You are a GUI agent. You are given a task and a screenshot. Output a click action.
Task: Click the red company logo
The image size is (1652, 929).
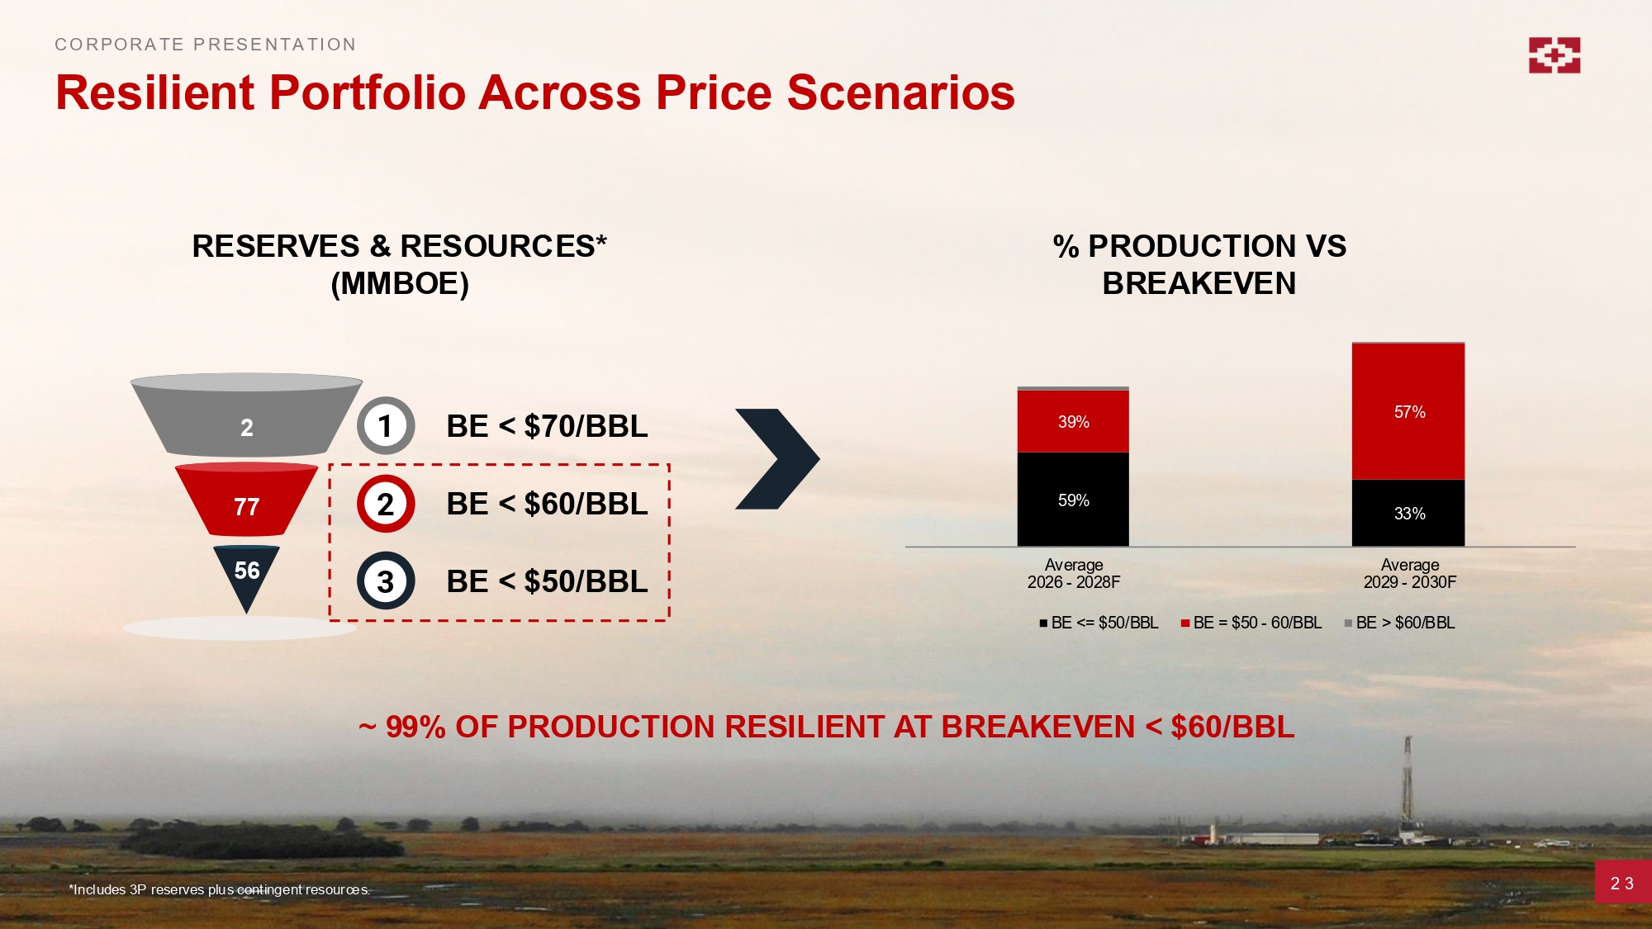tap(1554, 55)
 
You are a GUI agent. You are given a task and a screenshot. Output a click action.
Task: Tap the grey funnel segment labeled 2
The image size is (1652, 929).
tap(246, 415)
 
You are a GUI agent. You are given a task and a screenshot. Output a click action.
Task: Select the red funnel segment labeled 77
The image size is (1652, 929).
tap(246, 500)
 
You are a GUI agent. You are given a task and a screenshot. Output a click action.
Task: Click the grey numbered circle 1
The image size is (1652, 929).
tap(386, 426)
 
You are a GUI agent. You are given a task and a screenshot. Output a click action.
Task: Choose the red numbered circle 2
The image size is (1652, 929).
tap(386, 504)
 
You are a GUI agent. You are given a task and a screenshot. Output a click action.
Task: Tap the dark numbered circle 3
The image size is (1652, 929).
tap(386, 581)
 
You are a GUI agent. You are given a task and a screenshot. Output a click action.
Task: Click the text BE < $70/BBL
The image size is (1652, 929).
tap(547, 426)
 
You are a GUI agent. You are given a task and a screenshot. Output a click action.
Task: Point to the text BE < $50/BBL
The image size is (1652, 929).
tap(547, 581)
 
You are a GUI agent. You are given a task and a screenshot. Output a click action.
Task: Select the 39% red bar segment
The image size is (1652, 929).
tap(1073, 421)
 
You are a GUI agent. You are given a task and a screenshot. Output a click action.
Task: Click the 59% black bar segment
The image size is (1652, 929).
tap(1073, 500)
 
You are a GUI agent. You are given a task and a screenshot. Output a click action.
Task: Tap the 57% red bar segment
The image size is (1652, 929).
tap(1408, 411)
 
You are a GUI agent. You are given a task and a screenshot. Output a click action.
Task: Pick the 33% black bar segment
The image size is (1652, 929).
tap(1408, 513)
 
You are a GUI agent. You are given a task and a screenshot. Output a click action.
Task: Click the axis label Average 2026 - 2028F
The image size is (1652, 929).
tap(1074, 573)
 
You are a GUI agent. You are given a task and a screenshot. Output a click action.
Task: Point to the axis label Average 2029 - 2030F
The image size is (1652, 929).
tap(1410, 573)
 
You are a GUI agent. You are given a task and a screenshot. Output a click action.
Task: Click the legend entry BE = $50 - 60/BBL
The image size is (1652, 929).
tap(1251, 623)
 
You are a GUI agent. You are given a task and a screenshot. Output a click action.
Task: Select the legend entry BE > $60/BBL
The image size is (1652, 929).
tap(1399, 623)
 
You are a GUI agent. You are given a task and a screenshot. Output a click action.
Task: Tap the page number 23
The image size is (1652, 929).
tap(1622, 884)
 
